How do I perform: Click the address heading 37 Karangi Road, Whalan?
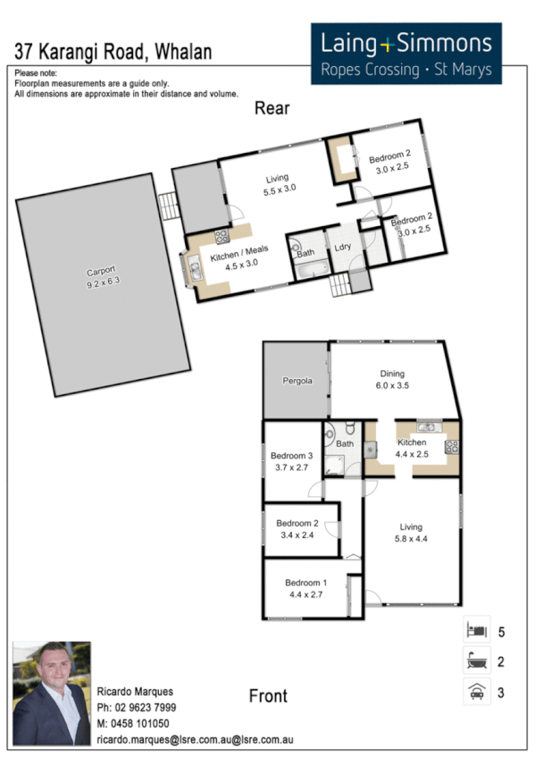point(113,51)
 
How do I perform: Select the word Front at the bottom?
point(268,695)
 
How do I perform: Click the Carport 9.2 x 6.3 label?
point(101,276)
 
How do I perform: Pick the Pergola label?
point(297,380)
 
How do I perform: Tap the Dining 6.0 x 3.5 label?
point(391,379)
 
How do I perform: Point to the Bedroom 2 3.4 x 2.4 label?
point(297,528)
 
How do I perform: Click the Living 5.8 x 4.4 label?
point(411,532)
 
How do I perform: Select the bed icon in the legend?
point(474,631)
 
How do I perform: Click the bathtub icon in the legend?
point(474,661)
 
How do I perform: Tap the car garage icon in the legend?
point(474,691)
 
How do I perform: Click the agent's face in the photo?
point(52,676)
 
